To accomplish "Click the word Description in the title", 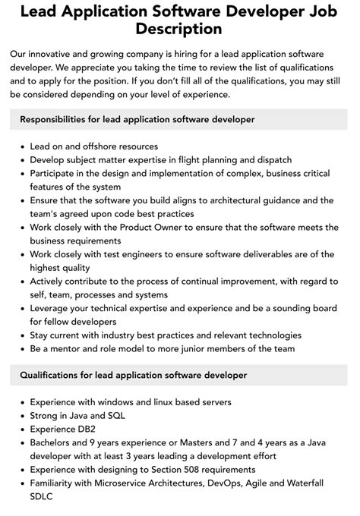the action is [x=180, y=29].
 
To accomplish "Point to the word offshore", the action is [x=99, y=146].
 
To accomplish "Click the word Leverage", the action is [x=52, y=308].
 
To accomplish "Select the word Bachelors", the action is [x=54, y=442].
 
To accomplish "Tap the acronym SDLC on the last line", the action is [x=43, y=498].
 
